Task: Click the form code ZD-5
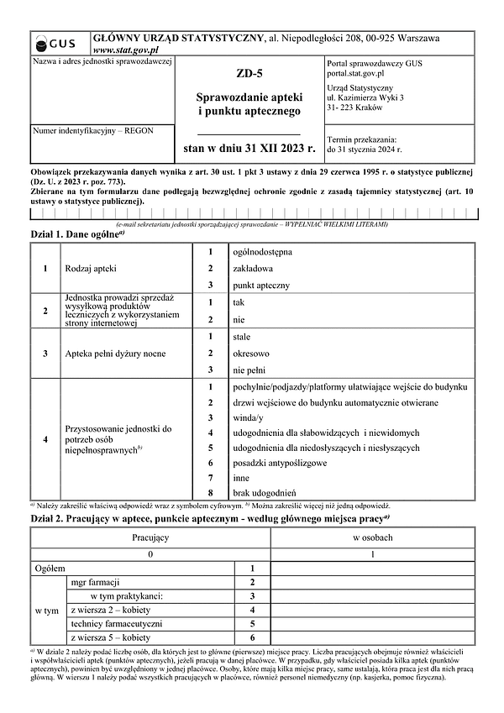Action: click(249, 74)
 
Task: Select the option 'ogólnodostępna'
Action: click(267, 251)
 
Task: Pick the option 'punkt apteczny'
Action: click(260, 286)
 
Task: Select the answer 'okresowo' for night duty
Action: click(251, 354)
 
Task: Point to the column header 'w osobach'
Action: click(372, 537)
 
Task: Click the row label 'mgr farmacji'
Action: click(95, 582)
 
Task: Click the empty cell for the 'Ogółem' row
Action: click(372, 569)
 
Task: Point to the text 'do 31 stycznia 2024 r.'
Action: click(365, 149)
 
